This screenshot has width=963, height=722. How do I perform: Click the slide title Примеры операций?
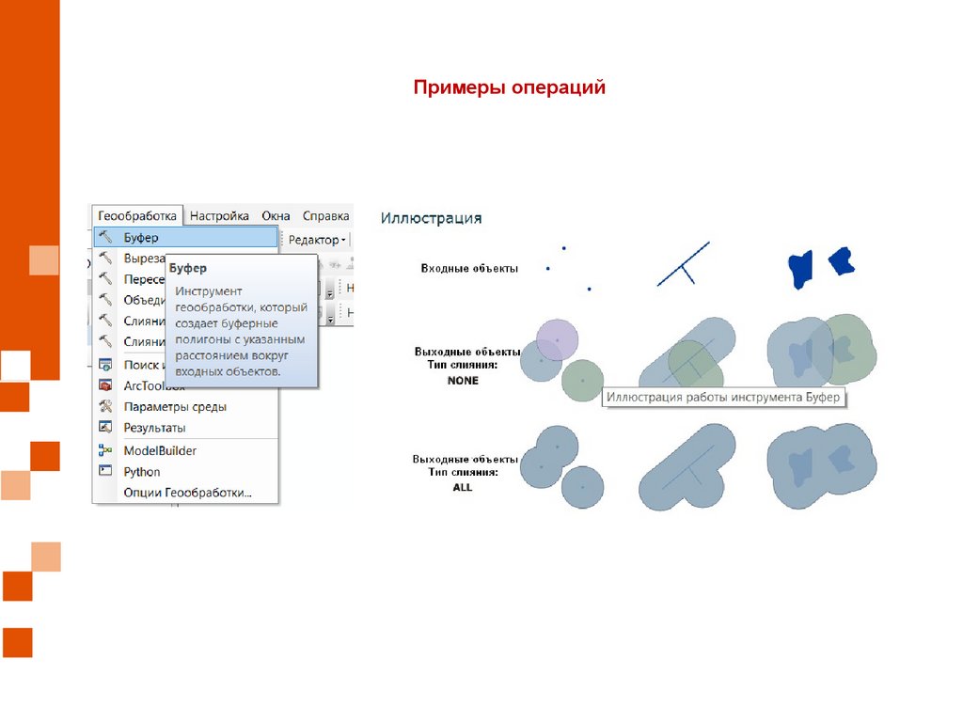510,87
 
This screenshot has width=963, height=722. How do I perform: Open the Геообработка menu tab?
137,215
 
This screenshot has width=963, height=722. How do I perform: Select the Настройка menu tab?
219,215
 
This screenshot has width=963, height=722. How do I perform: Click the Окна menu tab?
276,215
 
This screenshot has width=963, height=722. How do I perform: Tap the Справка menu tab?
326,215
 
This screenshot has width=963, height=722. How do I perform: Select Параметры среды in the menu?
175,407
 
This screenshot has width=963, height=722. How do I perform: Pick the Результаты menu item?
155,429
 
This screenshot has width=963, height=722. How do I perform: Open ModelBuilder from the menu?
160,451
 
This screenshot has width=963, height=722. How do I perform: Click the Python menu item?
142,472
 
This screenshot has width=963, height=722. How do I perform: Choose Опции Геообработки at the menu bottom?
188,493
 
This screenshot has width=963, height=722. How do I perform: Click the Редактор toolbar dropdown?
317,240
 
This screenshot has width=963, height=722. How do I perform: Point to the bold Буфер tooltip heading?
188,269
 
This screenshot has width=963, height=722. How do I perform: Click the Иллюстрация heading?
431,218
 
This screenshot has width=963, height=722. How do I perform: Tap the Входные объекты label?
469,269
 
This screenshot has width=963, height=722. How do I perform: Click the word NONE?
463,381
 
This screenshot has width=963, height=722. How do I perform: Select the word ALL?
463,488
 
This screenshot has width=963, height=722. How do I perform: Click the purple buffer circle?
558,337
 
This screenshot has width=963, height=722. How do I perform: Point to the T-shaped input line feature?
684,264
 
